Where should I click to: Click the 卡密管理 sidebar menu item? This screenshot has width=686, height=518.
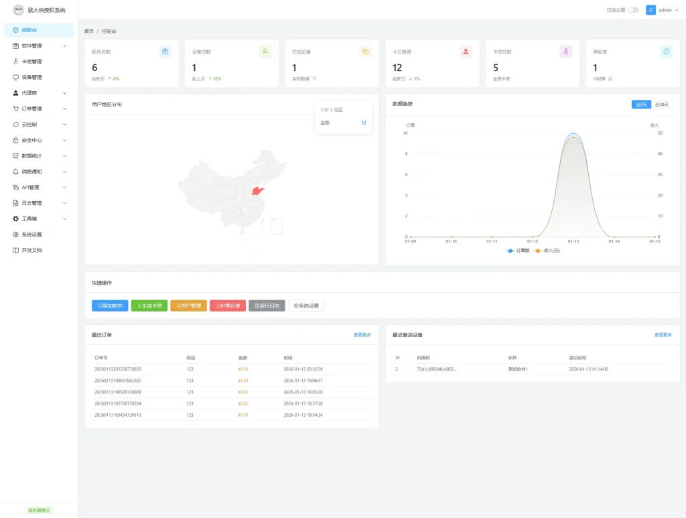[31, 62]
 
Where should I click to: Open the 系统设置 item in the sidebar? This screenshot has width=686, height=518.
[31, 235]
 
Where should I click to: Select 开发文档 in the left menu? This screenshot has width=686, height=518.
[31, 250]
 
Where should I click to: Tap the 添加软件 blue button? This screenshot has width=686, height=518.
[109, 306]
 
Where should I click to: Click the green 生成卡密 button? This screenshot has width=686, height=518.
[149, 306]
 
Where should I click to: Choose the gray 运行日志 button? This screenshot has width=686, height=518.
[267, 306]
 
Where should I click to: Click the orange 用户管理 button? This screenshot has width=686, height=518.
[188, 306]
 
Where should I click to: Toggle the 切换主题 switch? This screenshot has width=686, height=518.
[633, 10]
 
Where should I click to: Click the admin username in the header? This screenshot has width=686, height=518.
[665, 10]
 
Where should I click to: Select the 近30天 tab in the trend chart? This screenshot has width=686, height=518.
[662, 105]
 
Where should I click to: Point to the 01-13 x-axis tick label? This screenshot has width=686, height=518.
[573, 241]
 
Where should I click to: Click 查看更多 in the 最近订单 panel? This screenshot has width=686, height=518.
[362, 334]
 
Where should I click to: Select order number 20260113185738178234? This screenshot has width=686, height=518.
[118, 403]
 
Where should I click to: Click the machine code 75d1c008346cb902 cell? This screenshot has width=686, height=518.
[436, 369]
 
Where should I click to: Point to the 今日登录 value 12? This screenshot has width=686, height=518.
[397, 68]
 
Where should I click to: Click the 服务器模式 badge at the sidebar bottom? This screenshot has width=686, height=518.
[39, 510]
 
